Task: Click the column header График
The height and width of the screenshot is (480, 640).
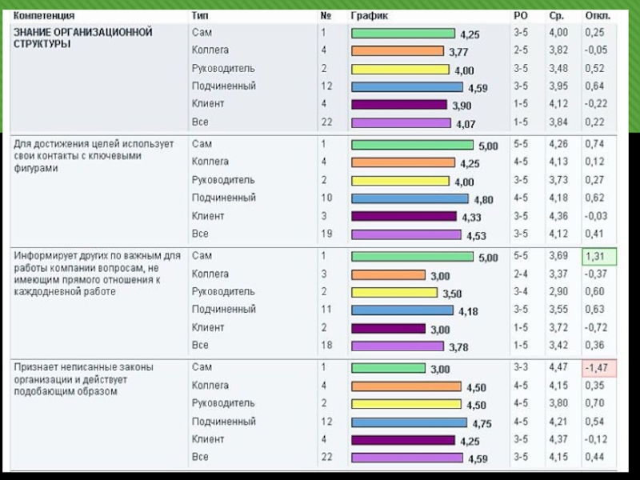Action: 370,15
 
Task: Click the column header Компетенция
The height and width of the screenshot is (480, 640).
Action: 44,15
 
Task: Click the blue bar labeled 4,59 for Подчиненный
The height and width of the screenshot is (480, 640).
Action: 406,86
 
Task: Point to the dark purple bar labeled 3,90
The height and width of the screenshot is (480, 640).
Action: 398,105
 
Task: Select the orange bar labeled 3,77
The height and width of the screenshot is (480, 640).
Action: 397,51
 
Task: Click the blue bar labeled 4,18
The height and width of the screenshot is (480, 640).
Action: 402,310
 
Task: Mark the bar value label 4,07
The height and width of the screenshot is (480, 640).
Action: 466,125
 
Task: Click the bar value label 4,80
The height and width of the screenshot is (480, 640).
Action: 484,200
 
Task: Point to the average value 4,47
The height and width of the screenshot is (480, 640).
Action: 558,367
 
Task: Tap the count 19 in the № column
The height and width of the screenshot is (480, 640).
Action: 325,234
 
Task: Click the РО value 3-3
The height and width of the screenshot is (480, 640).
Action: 521,367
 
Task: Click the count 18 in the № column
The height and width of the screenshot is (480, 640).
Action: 325,345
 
